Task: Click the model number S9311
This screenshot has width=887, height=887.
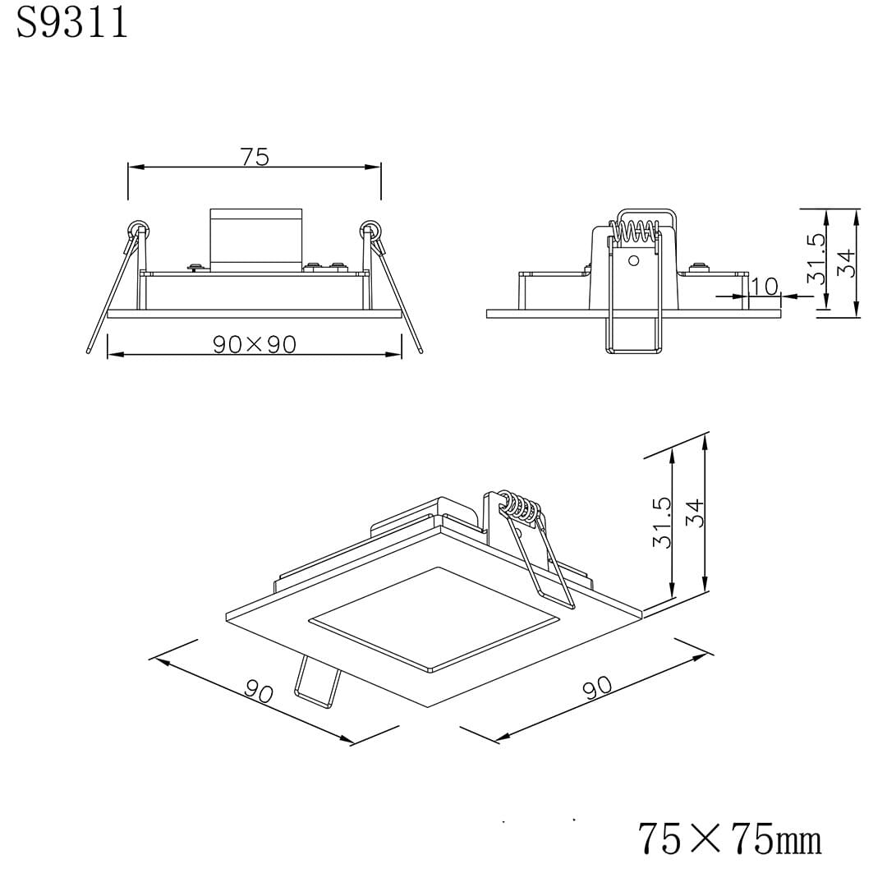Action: pyautogui.click(x=72, y=24)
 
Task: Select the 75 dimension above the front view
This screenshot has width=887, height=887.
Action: pyautogui.click(x=255, y=156)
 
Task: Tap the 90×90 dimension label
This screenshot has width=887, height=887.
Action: pyautogui.click(x=255, y=344)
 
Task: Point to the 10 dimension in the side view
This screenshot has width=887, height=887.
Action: pyautogui.click(x=765, y=286)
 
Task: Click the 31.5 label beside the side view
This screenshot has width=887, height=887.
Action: pyautogui.click(x=816, y=259)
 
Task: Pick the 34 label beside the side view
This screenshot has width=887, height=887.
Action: pyautogui.click(x=846, y=263)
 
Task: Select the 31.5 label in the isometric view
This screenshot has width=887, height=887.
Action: pyautogui.click(x=662, y=522)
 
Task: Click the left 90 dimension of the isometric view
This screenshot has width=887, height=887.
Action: pyautogui.click(x=259, y=692)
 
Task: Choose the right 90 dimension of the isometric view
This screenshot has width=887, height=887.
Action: pyautogui.click(x=597, y=686)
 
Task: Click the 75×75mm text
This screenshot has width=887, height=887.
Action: pyautogui.click(x=729, y=839)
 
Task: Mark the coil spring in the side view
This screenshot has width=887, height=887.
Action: pyautogui.click(x=636, y=231)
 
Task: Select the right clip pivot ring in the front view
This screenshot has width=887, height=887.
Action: pyautogui.click(x=371, y=229)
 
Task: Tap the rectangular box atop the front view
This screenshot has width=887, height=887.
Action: pyautogui.click(x=255, y=239)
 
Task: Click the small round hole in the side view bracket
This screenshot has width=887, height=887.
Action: pyautogui.click(x=633, y=260)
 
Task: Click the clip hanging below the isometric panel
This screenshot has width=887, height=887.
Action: pyautogui.click(x=316, y=682)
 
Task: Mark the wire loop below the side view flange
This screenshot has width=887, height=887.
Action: pyautogui.click(x=633, y=337)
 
